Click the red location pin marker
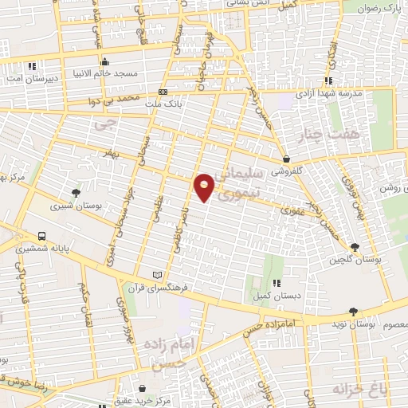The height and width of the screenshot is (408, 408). (205, 187)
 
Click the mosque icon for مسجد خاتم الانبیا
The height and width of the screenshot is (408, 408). (104, 62)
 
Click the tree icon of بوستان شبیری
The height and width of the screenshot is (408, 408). (76, 192)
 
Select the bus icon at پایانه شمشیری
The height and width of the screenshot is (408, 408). (41, 237)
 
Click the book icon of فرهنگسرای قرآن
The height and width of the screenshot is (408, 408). (167, 274)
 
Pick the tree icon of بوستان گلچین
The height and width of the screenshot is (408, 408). (355, 247)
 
